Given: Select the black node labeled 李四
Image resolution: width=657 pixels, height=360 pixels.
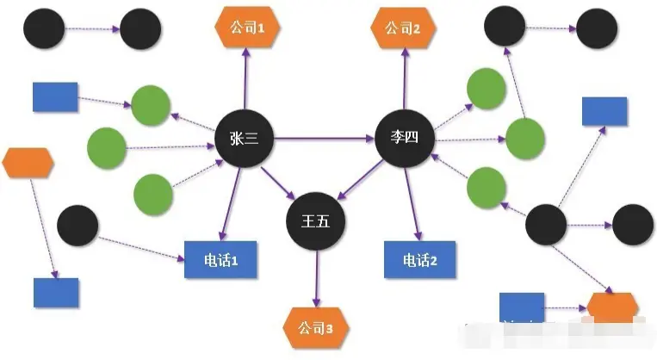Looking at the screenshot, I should pos(404,137).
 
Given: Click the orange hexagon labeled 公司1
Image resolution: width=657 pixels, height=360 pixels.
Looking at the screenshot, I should pos(245,28).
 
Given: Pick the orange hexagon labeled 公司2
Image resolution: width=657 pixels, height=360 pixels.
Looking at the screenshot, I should pos(403,28).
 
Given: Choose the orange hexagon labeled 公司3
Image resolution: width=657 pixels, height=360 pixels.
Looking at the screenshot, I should pos(313,327).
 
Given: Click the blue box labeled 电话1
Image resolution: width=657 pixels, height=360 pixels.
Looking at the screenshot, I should pos(221,259).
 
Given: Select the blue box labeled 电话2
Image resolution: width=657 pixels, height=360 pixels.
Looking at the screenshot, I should pos(416,259).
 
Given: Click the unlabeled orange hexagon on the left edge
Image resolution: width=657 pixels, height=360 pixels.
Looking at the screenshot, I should pos(28,162).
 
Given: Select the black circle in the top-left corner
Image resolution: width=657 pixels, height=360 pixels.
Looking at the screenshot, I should pos(42,28).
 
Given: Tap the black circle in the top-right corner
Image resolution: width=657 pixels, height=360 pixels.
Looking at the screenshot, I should pos(597,28).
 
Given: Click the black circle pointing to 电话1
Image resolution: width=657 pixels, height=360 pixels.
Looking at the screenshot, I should pos(77,226).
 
